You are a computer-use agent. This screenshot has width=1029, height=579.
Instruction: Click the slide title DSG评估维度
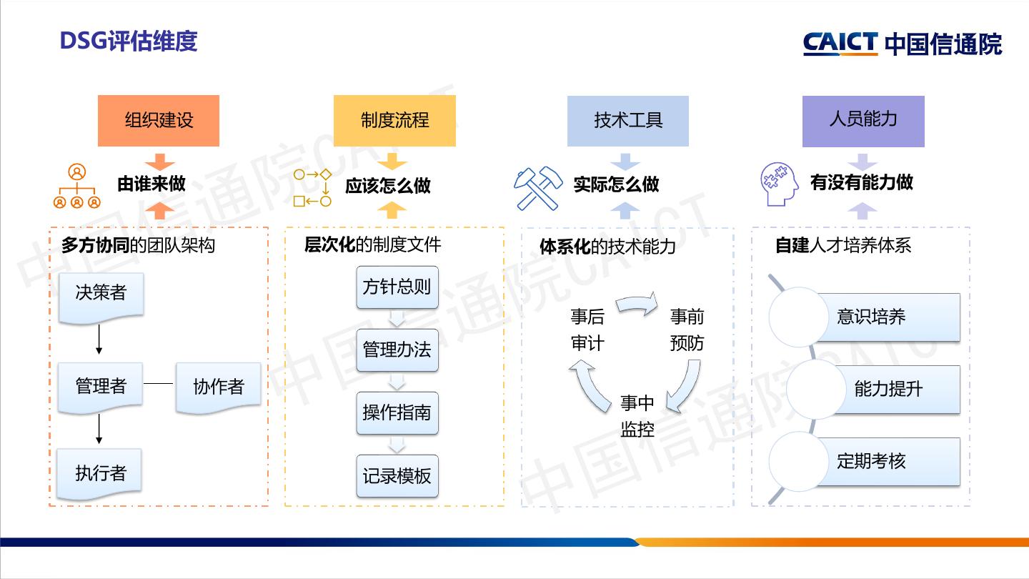coord(129,41)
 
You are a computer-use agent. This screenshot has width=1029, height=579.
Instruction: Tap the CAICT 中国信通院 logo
coord(903,44)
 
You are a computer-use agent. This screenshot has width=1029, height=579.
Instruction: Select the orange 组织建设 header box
coord(159,120)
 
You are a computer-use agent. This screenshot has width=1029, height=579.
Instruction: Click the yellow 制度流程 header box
coord(394,120)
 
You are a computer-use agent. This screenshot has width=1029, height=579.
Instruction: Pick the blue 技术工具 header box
coord(628,120)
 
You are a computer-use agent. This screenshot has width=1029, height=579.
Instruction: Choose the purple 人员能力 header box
coord(863,120)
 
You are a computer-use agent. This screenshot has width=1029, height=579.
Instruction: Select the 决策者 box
coord(101,294)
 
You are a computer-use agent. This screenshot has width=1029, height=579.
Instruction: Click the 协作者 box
coord(218,387)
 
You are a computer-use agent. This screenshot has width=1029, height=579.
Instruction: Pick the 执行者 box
coord(101,472)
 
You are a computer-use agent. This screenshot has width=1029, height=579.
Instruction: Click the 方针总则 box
coord(397,287)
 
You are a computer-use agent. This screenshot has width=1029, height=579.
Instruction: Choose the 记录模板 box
coord(397,476)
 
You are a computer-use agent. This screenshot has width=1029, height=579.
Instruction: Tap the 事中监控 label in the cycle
coord(637,416)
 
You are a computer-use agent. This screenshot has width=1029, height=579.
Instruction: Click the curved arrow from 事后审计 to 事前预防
coord(637,304)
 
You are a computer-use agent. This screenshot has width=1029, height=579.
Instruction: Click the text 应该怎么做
coord(388,186)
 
